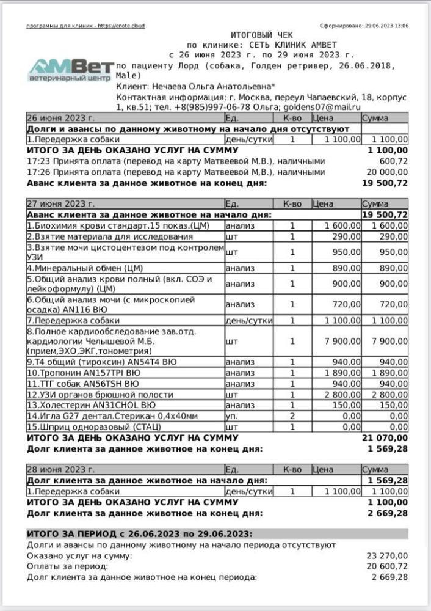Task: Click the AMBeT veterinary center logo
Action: tap(70, 71)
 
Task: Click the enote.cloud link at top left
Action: tap(122, 26)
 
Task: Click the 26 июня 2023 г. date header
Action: tap(60, 119)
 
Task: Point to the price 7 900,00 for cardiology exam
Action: tap(336, 342)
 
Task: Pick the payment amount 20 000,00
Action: tap(387, 172)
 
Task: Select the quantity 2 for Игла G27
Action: tap(292, 416)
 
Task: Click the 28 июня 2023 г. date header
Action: tap(60, 470)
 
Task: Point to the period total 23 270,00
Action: tap(387, 555)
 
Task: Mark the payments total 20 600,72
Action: tap(387, 566)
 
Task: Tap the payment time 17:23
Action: tap(37, 161)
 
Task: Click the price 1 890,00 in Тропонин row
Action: tap(336, 373)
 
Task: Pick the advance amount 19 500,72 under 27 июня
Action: tap(385, 214)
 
